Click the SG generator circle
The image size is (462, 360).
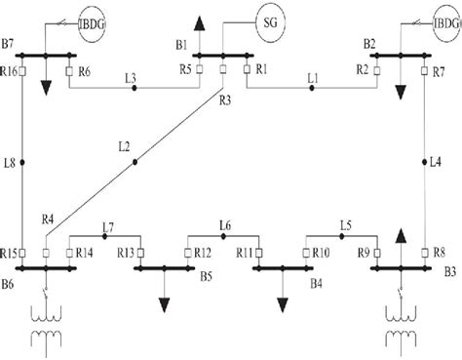(269, 19)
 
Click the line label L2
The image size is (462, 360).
(123, 147)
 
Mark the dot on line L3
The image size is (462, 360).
(135, 89)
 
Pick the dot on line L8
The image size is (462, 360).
(22, 161)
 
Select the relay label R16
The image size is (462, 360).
(9, 71)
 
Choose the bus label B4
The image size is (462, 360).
(315, 283)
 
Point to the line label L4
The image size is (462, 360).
(435, 162)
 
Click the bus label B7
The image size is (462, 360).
(9, 45)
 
